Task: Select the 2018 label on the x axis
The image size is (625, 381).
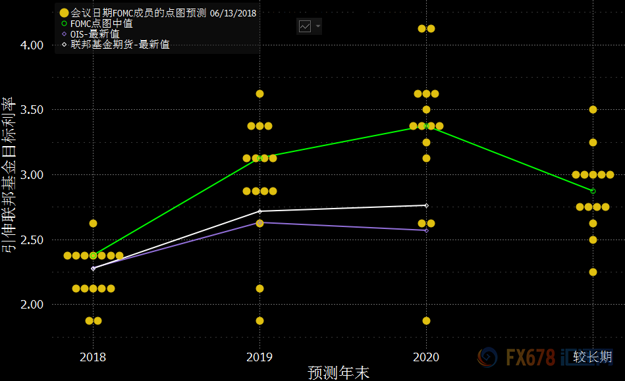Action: [93, 357]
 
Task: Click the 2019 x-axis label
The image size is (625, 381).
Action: [259, 357]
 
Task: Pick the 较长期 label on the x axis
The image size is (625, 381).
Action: [592, 357]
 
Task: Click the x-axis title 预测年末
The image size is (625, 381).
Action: [339, 372]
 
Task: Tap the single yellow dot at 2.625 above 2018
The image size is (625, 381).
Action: [93, 224]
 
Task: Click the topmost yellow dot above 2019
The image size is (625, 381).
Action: [259, 93]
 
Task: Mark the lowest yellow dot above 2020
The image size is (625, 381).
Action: [426, 320]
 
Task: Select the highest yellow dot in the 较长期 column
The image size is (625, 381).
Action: [593, 109]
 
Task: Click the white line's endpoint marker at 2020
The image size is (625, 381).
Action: [426, 205]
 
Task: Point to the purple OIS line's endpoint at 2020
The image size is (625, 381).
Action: [426, 230]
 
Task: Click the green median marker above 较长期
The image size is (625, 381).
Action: [593, 191]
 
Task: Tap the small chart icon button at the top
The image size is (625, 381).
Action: [305, 26]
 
